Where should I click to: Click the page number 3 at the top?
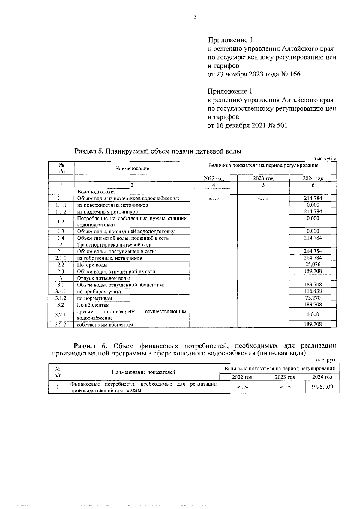tap(195, 17)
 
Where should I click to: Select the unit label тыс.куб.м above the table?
tap(325, 159)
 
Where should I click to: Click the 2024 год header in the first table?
tap(313, 178)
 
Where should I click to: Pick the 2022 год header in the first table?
tap(214, 178)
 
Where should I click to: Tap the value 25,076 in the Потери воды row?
tap(313, 265)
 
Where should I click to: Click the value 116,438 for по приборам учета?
tap(313, 291)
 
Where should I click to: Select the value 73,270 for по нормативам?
tap(313, 298)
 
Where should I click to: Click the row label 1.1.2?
tap(61, 212)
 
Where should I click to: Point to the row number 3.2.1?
tap(61, 315)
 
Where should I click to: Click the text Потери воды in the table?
tap(92, 265)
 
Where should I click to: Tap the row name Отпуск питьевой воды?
tap(103, 278)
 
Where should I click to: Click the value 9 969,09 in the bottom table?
tap(322, 387)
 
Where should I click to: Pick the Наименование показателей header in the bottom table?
tap(143, 372)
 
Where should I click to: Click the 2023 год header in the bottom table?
tap(285, 377)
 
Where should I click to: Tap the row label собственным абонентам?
tap(105, 325)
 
